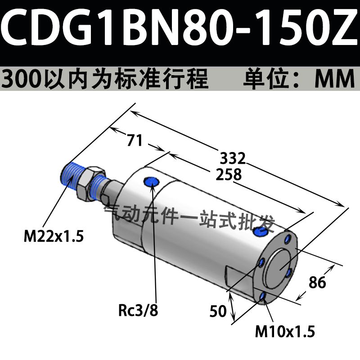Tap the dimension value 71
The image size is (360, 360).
(x=135, y=140)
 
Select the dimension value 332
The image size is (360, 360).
(x=233, y=158)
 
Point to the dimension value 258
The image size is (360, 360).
(x=229, y=174)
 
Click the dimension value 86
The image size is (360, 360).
(x=317, y=282)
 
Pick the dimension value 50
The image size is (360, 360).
(x=218, y=311)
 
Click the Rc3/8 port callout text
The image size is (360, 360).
(x=138, y=310)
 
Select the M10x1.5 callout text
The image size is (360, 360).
(x=285, y=331)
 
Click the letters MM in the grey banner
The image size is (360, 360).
(x=335, y=79)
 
